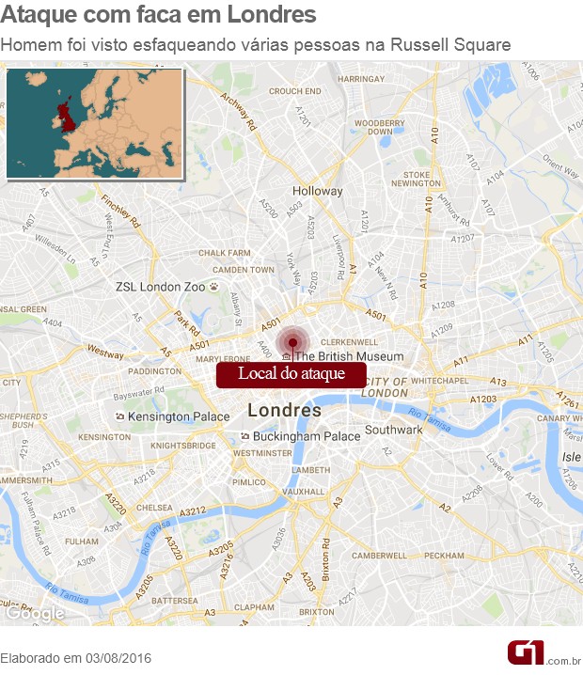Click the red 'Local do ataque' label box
291,374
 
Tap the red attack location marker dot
293,342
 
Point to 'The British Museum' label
349,356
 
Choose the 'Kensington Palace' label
179,416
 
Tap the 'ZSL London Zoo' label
160,287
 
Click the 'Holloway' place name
318,191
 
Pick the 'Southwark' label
394,430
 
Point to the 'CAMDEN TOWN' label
243,270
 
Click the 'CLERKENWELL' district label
349,342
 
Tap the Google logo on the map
36,613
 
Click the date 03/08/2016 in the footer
117,658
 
